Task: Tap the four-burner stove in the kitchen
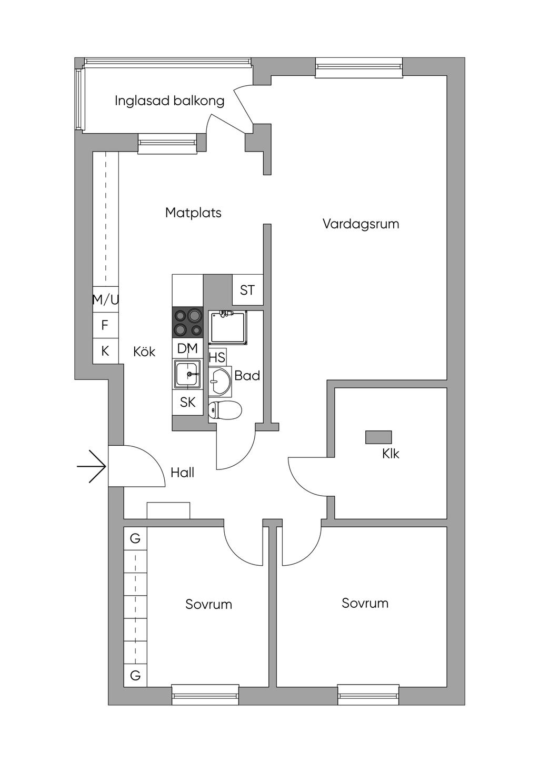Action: [188, 322]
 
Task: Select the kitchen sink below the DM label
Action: [187, 374]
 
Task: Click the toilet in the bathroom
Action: [225, 409]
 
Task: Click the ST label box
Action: [247, 290]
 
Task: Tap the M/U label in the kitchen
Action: [105, 300]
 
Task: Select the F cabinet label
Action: [105, 325]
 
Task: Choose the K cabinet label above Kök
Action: [105, 351]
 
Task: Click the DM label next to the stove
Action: [187, 348]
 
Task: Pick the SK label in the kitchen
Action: [188, 403]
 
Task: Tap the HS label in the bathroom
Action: [217, 358]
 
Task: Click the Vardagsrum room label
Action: [361, 224]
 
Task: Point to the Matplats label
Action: [193, 213]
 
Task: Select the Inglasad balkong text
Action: [169, 101]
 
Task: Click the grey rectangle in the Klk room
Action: [378, 437]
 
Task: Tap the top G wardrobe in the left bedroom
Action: [135, 539]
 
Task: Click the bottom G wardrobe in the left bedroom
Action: [135, 676]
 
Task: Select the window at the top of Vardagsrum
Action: [359, 67]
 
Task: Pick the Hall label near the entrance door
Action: [182, 473]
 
